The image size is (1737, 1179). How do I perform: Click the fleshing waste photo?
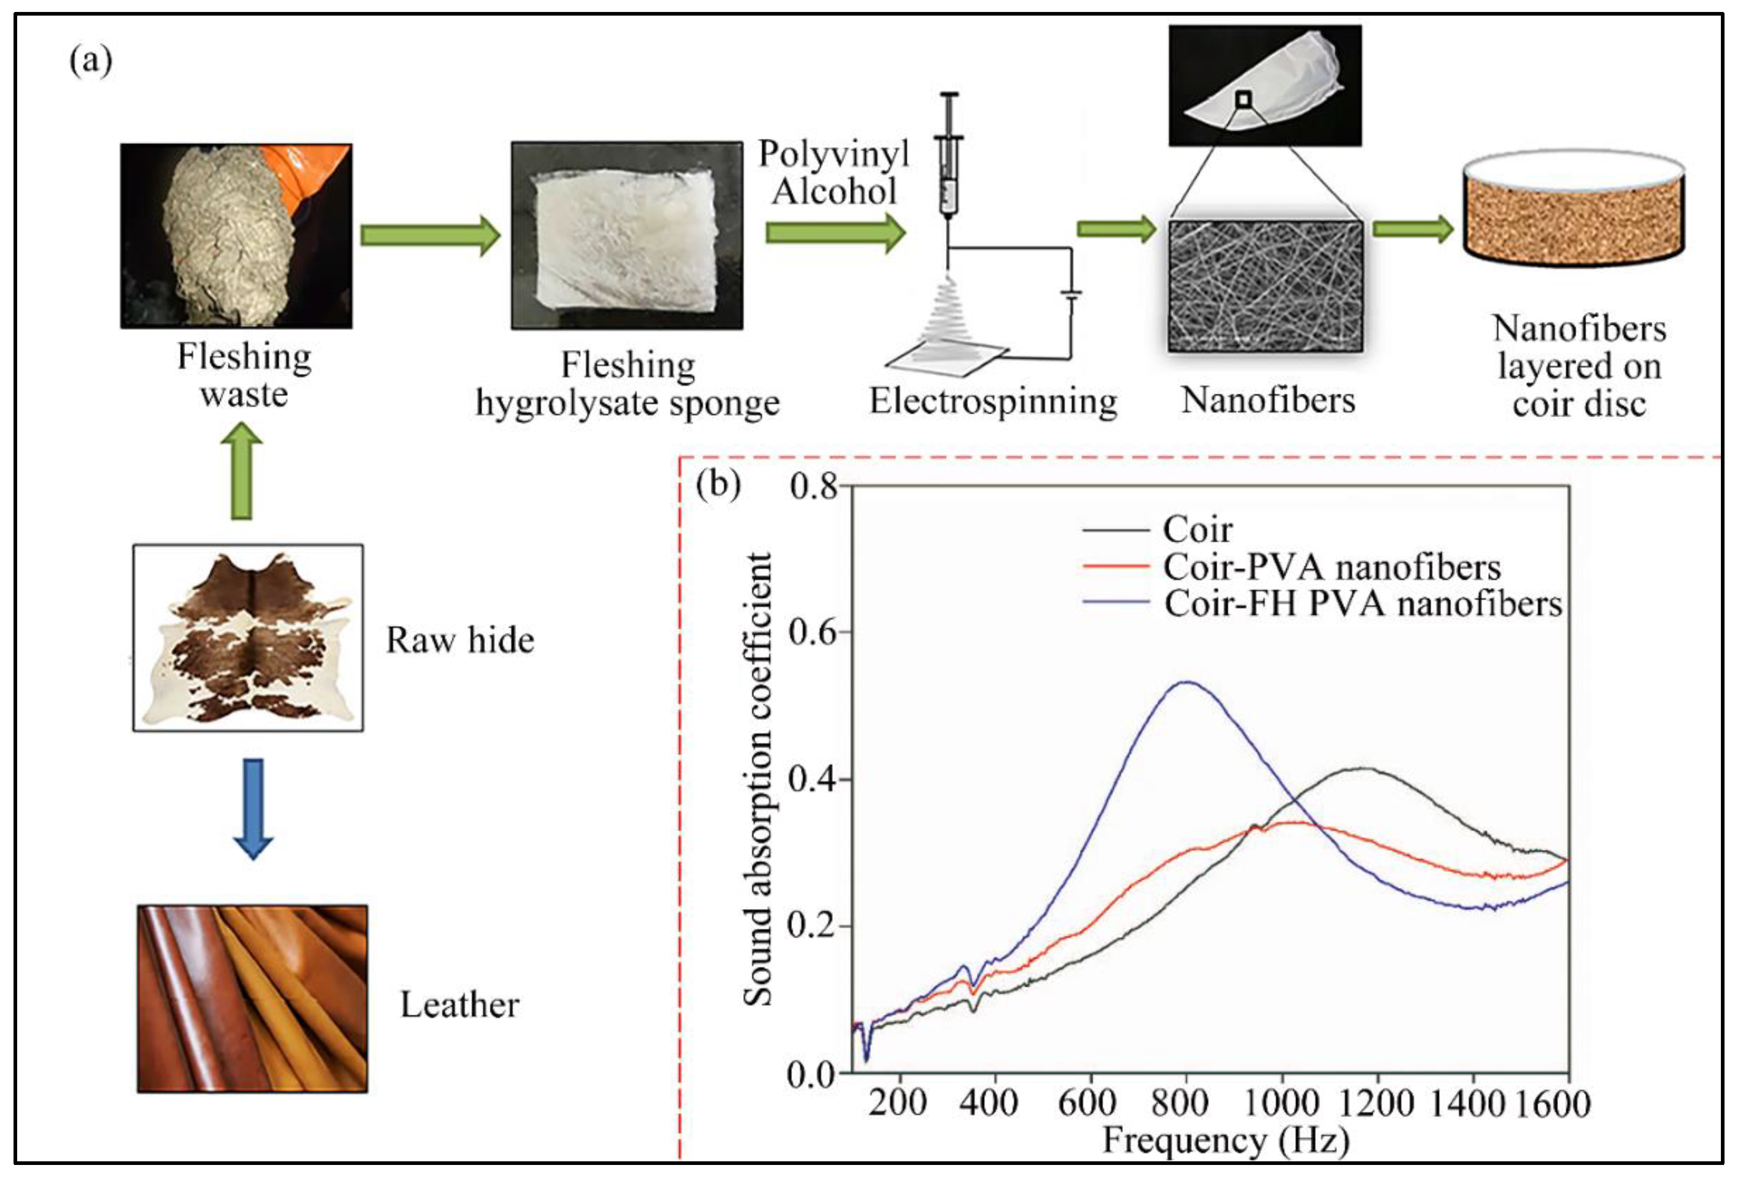click(x=236, y=236)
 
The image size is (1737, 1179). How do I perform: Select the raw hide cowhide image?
click(x=248, y=637)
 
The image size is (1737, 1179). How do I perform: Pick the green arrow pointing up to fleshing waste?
click(x=241, y=471)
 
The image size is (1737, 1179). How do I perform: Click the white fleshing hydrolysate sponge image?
click(x=626, y=236)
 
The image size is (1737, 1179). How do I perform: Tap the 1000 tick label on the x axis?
click(x=1283, y=1103)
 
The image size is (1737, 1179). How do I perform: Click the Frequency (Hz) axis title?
click(x=1226, y=1140)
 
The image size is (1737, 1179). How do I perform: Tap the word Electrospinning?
click(x=992, y=401)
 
